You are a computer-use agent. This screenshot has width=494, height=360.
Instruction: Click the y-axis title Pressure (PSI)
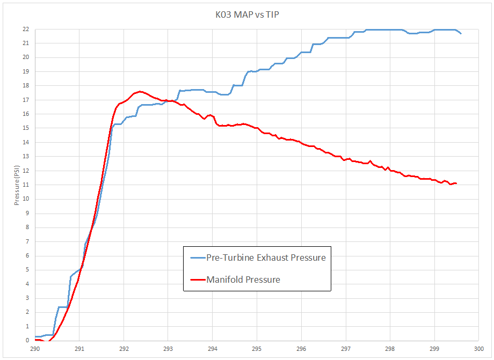(x=17, y=185)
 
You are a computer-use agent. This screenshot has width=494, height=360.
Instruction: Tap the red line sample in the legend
(x=198, y=280)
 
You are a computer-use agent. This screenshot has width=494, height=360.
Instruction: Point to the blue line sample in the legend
(x=198, y=258)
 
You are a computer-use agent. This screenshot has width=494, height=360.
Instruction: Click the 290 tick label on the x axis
(x=35, y=348)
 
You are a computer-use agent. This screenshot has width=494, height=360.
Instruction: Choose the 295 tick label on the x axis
(x=257, y=348)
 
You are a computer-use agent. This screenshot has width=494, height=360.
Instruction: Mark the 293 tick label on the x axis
(x=168, y=348)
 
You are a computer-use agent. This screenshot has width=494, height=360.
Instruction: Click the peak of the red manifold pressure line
(x=140, y=91)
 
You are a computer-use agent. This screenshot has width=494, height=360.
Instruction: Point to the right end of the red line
(x=456, y=183)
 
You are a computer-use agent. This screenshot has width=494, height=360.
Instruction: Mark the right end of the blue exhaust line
(x=461, y=34)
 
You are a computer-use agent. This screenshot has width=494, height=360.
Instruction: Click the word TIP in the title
(x=271, y=14)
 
